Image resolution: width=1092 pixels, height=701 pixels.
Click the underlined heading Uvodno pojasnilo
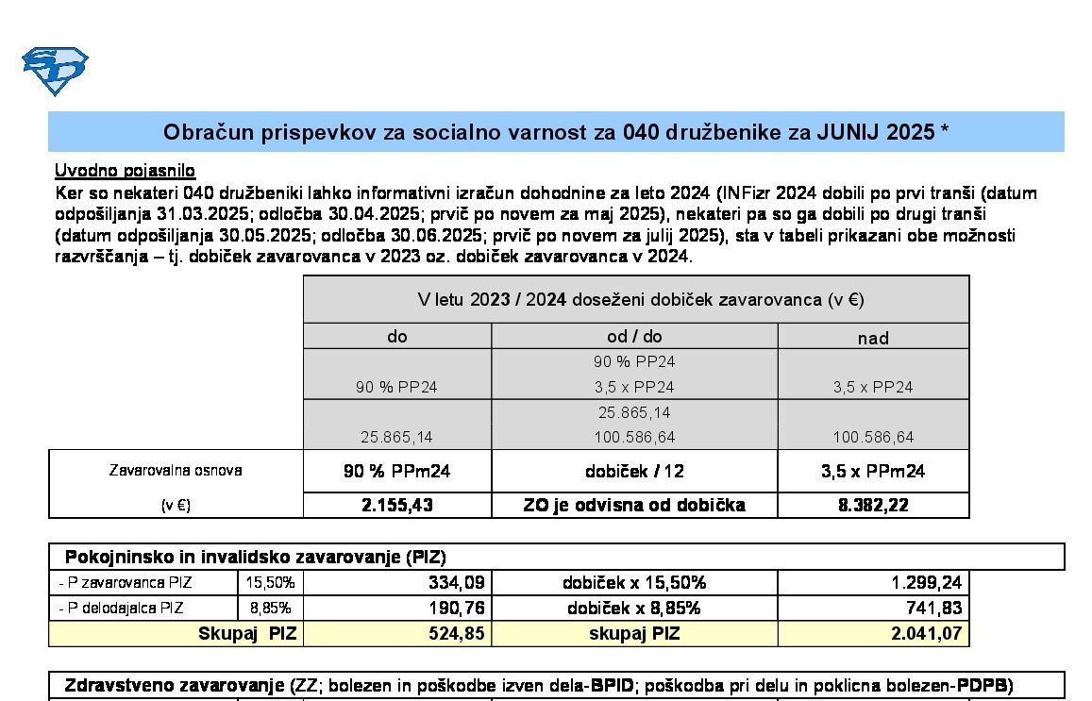point(125,171)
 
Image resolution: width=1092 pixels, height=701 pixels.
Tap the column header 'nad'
point(873,338)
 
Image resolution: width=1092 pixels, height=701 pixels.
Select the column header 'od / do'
point(633,337)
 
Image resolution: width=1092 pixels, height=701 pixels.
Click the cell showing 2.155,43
point(397,506)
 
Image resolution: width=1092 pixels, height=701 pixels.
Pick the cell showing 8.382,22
point(873,506)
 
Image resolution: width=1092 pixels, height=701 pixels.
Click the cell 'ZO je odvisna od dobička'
point(633,506)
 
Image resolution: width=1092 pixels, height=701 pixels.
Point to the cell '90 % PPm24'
point(397,471)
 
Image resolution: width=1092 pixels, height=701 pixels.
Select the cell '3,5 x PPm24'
point(873,471)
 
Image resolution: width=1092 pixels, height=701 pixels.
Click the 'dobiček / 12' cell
point(633,471)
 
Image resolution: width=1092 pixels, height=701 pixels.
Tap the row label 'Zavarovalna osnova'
point(176,470)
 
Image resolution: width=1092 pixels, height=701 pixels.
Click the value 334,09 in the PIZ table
point(457,583)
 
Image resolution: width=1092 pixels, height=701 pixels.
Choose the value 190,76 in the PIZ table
point(457,609)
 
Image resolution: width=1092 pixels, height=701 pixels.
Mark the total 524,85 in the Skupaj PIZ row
point(457,634)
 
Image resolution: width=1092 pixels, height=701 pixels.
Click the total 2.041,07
point(926,634)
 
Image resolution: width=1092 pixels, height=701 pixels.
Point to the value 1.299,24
point(926,583)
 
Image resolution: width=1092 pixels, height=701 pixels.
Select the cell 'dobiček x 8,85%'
point(633,609)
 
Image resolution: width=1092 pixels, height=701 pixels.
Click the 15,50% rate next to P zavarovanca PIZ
point(270,583)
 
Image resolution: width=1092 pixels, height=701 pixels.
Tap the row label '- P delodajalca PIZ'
point(121,609)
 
